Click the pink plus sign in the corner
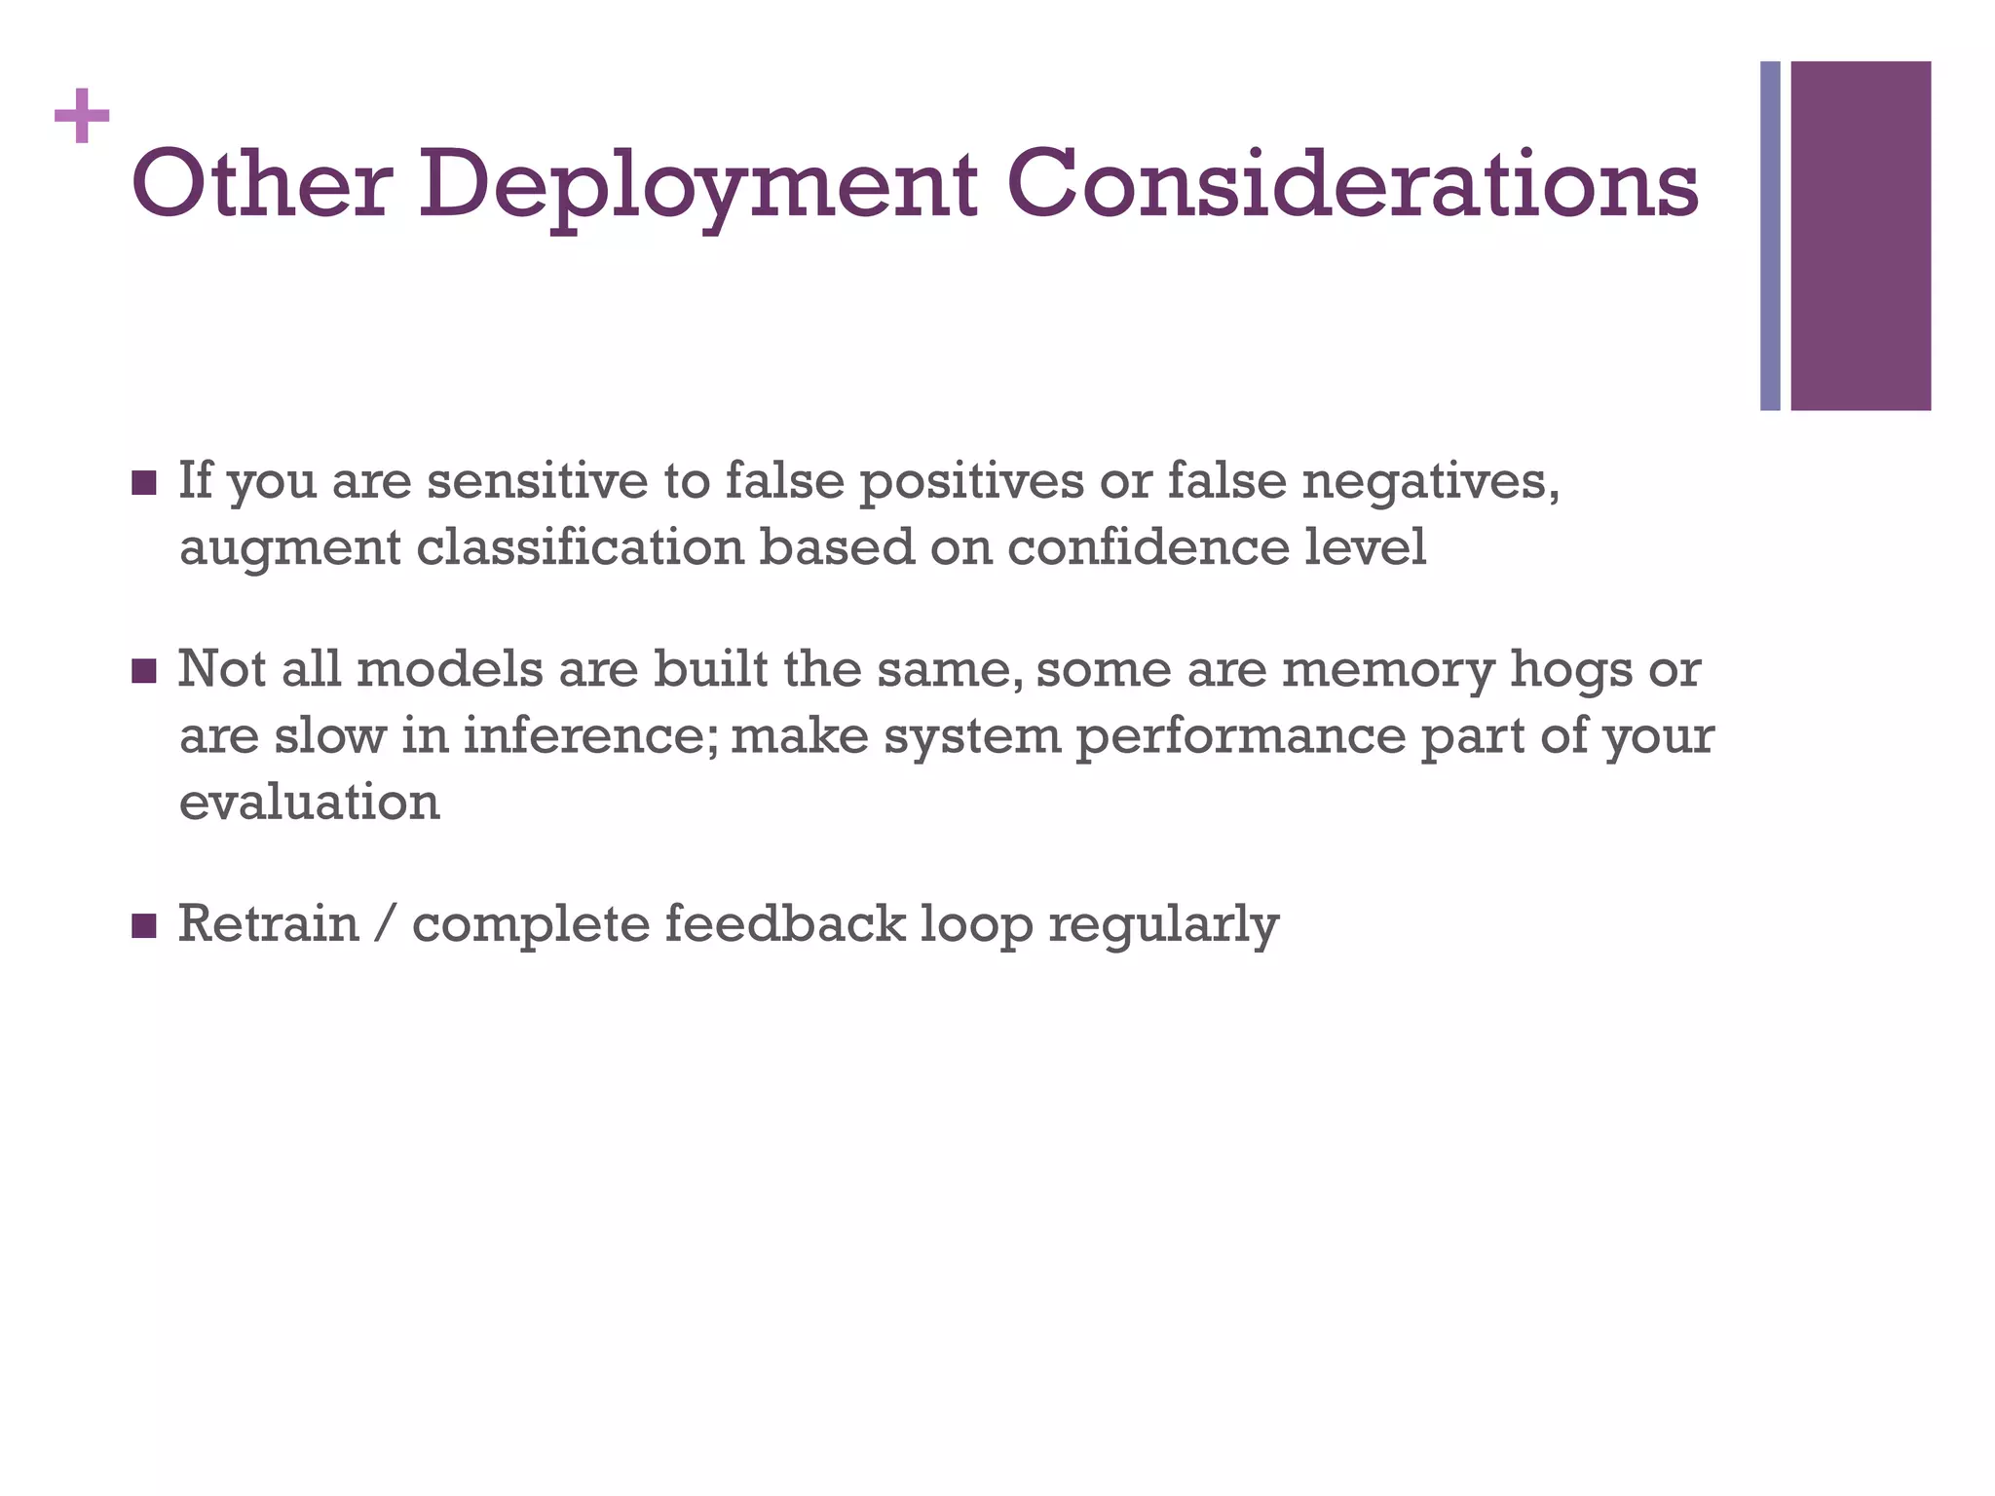(82, 116)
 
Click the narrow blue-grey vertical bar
(1770, 236)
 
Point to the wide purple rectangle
(1861, 236)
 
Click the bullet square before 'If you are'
(143, 483)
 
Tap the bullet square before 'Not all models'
(143, 671)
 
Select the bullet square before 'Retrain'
(143, 925)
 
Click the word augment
(289, 548)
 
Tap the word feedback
(784, 923)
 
